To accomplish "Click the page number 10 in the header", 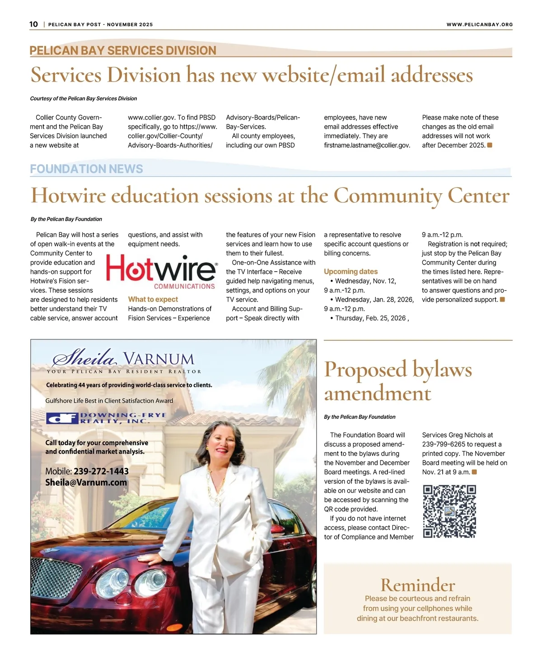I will (34, 24).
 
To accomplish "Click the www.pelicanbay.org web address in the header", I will (479, 25).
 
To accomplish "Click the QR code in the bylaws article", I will (449, 511).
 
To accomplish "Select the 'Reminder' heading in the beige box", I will (418, 585).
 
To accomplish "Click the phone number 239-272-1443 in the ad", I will (101, 471).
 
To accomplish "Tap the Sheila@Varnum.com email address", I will (86, 483).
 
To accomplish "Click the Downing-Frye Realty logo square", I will (62, 418).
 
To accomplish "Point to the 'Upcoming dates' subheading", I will (350, 272).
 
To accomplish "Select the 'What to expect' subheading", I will (153, 299).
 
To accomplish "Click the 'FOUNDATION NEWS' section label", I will (86, 169).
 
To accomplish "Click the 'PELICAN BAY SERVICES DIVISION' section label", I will (123, 51).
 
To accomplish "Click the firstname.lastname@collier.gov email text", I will (367, 145).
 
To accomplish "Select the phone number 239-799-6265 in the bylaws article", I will (444, 444).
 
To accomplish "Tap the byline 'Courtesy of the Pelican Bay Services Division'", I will (84, 98).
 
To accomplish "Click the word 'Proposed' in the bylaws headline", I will (365, 370).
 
